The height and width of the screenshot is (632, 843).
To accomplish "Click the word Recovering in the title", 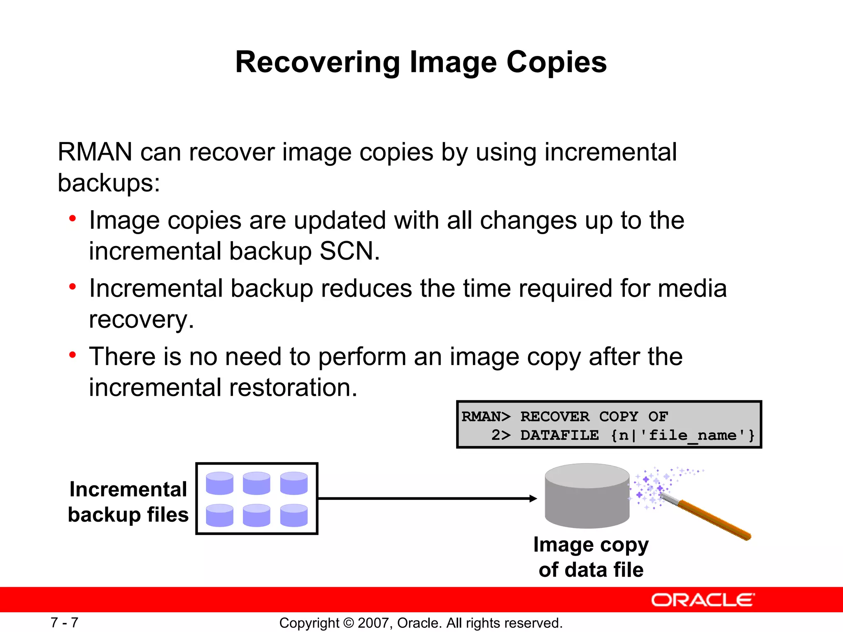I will (317, 63).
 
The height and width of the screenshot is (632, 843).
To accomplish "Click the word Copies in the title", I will (556, 63).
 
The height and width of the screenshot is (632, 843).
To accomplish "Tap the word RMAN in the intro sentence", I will (95, 152).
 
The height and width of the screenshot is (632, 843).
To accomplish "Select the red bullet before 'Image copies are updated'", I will (73, 218).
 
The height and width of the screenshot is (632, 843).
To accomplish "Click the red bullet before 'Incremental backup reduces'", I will (73, 286).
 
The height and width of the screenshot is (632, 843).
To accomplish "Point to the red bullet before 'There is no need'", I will (73, 354).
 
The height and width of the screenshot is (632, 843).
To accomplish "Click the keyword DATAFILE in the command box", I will (559, 435).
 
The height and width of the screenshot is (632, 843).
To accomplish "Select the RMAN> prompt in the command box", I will (486, 416).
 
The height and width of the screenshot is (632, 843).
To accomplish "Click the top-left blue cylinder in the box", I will (219, 483).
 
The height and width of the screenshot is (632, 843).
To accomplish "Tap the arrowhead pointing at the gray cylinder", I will (533, 498).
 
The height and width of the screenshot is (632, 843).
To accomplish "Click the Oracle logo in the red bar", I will (703, 600).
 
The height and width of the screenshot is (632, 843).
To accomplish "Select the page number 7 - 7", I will (64, 623).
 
